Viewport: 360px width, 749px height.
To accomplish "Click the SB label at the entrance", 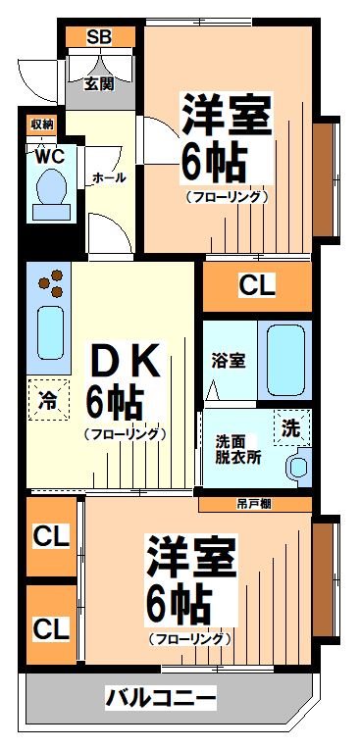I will pos(99,37).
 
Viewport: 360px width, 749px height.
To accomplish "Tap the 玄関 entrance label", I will pos(99,83).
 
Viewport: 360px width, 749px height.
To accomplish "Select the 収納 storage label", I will pos(41,125).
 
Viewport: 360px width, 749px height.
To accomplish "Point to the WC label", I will pos(49,155).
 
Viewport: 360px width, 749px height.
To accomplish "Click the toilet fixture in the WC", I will pos(48,191).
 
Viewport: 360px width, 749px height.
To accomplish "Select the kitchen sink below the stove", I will pos(49,333).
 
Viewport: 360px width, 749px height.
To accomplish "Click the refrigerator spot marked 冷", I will pos(48,399).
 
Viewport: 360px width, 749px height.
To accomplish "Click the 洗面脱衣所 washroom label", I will pos(238,448).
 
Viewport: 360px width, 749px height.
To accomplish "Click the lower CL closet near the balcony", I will pos(51,627).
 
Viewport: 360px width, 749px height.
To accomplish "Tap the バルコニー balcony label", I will pos(160,699).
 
